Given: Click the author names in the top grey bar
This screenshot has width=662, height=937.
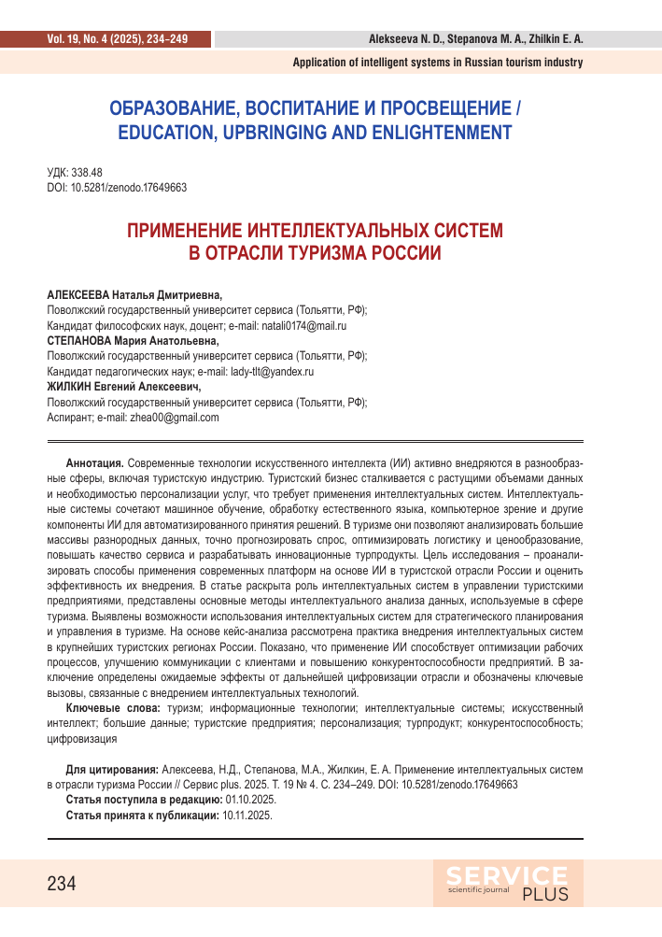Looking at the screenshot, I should (x=476, y=39).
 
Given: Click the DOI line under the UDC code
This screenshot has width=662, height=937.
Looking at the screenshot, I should (x=117, y=187).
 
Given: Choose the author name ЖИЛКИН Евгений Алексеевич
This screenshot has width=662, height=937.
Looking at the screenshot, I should (x=123, y=387).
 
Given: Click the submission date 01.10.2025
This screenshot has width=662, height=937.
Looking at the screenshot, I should (x=251, y=801).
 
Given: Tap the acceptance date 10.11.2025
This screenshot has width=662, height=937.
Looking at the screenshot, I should (x=246, y=816).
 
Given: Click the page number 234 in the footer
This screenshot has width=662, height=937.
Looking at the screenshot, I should (x=62, y=884).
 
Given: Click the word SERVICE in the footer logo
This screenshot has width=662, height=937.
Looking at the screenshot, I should (x=506, y=876).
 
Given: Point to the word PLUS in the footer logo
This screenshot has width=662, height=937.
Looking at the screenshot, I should (x=544, y=895).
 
